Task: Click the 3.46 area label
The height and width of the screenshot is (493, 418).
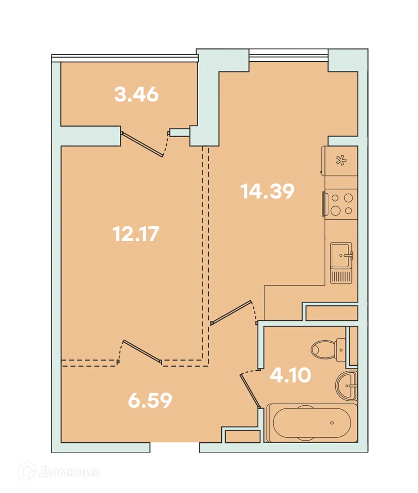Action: click(x=137, y=94)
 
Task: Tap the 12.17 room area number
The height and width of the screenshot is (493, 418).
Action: click(x=136, y=234)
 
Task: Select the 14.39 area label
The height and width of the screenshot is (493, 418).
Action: click(x=267, y=191)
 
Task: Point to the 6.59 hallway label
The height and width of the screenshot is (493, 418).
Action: click(x=150, y=400)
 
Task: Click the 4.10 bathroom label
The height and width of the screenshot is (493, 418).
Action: click(x=290, y=375)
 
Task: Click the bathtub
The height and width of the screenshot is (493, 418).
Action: click(x=312, y=423)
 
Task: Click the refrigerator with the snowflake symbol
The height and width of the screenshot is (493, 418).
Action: click(x=340, y=161)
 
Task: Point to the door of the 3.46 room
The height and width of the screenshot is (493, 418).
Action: click(x=142, y=144)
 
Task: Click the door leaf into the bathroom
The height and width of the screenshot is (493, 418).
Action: click(x=250, y=390)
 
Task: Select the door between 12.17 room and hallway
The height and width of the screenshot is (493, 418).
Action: click(x=142, y=352)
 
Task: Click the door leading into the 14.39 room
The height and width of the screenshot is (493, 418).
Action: click(x=232, y=312)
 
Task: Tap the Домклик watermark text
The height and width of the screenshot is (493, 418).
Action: click(x=70, y=472)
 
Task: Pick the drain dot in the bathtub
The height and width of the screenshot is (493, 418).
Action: click(x=332, y=423)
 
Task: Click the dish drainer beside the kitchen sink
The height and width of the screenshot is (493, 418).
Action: click(x=341, y=277)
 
